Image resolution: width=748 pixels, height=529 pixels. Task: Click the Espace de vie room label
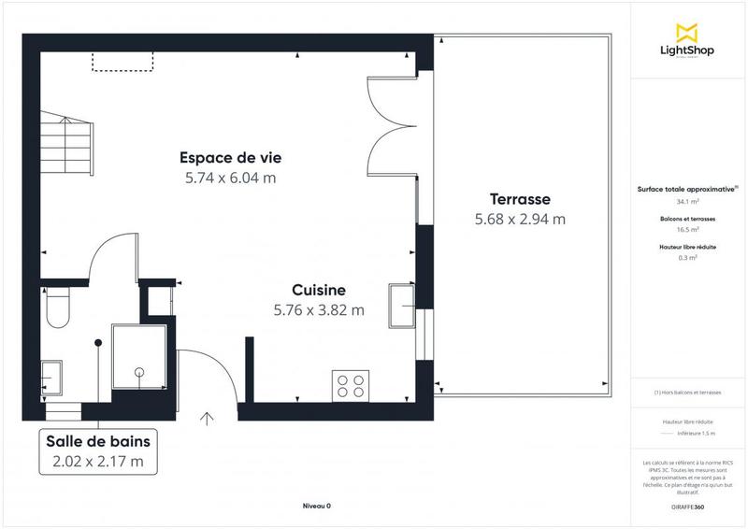click(x=230, y=157)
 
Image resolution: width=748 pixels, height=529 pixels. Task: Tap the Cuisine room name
click(x=319, y=290)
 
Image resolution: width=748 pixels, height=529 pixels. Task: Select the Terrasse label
click(x=520, y=199)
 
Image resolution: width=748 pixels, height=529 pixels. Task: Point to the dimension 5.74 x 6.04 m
click(x=230, y=177)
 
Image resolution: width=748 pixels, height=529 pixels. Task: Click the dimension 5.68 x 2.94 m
click(x=520, y=220)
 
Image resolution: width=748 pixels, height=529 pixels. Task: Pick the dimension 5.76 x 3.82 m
click(x=319, y=310)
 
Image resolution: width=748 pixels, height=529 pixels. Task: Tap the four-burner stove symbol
click(x=351, y=386)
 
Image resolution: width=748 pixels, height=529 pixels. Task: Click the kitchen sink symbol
click(x=403, y=305)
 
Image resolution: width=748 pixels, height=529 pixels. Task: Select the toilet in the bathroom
click(x=55, y=307)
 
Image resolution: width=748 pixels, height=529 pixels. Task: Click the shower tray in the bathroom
click(x=138, y=356)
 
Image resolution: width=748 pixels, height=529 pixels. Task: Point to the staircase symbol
click(x=65, y=142)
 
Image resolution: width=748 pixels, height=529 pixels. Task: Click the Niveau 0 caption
click(x=316, y=506)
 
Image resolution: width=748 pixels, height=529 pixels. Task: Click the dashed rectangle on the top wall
click(x=122, y=62)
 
